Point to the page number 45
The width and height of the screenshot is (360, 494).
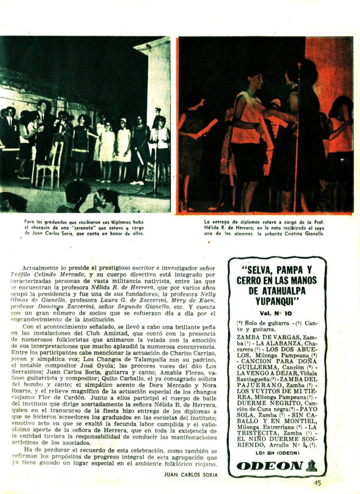tap(317, 483)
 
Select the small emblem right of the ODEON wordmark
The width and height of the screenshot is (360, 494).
tap(311, 466)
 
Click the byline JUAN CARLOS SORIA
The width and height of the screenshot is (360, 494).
tap(191, 475)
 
